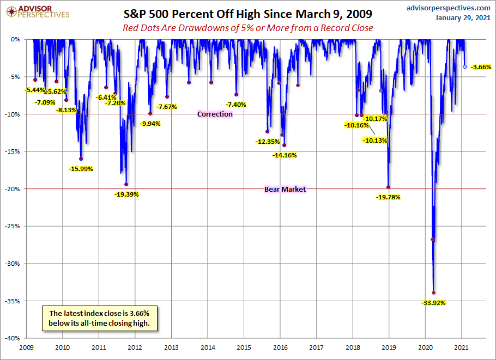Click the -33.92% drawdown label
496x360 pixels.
click(433, 302)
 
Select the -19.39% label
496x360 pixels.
click(126, 194)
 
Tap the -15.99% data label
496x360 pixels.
click(81, 169)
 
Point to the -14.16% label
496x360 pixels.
click(285, 155)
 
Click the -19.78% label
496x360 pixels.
click(388, 197)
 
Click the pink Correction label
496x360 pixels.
click(215, 114)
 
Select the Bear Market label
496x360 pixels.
click(285, 190)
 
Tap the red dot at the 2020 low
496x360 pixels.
click(434, 292)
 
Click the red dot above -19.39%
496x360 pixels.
click(126, 184)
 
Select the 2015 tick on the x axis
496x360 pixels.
click(244, 347)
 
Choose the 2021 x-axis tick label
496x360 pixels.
click(462, 347)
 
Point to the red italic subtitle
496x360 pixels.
click(247, 28)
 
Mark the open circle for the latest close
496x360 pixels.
click(464, 66)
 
